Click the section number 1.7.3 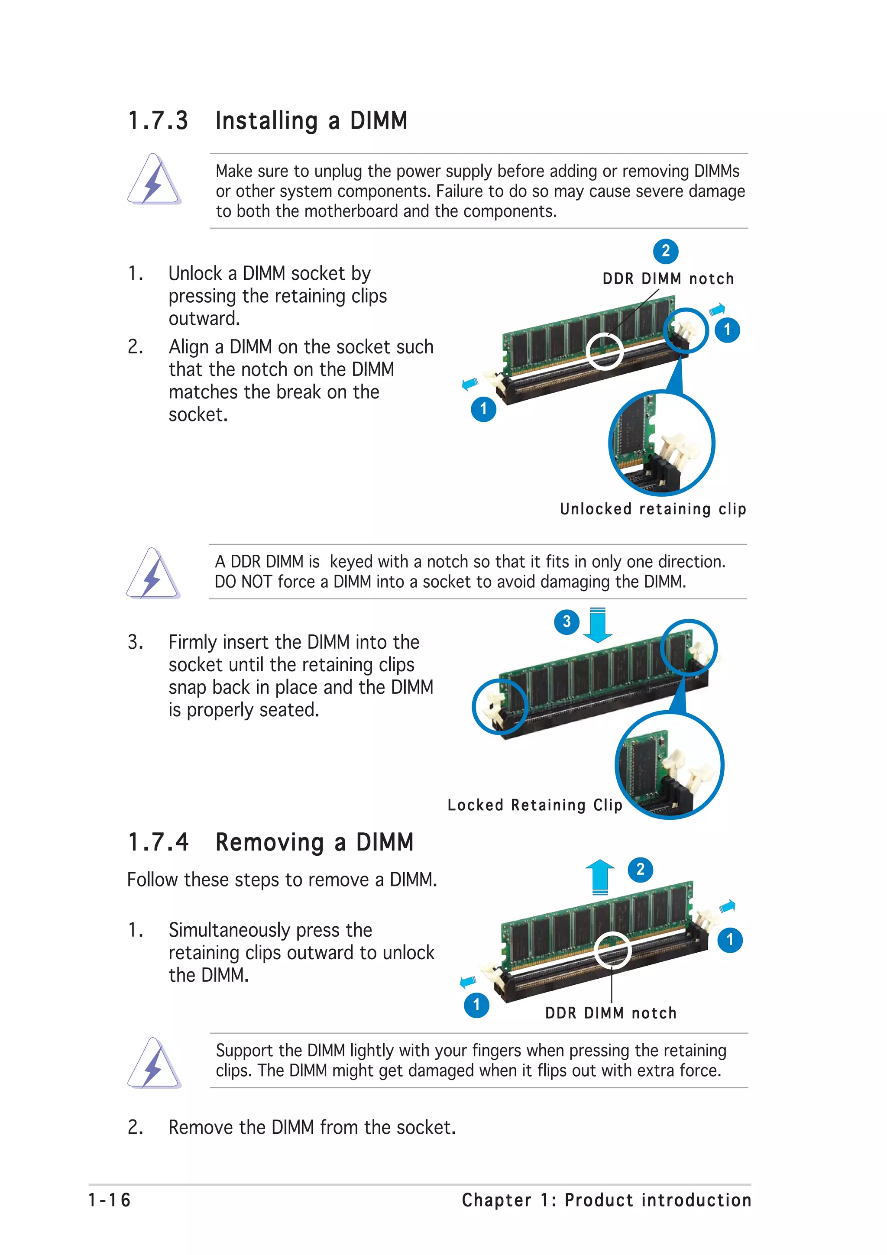[x=158, y=120]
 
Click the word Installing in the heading [x=266, y=121]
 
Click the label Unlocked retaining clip [x=653, y=509]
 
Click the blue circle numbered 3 [x=567, y=621]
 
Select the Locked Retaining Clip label [x=534, y=805]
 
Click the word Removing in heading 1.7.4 [x=270, y=842]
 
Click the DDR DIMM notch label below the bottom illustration [x=610, y=1013]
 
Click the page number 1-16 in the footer [x=109, y=1200]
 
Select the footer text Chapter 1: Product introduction [x=606, y=1200]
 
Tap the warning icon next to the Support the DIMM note [x=154, y=1063]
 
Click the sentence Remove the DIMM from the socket [x=311, y=1127]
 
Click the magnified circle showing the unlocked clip [x=661, y=443]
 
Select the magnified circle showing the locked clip [x=670, y=765]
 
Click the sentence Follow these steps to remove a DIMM [x=282, y=880]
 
